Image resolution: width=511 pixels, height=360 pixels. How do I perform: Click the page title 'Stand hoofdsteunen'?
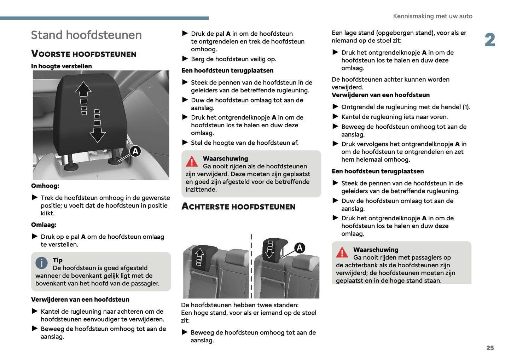coord(86,35)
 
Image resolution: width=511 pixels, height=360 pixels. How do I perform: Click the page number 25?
coord(490,348)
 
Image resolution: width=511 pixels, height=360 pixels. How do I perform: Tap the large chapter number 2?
coord(490,40)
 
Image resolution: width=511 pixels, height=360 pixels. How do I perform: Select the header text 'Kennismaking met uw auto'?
coord(432,16)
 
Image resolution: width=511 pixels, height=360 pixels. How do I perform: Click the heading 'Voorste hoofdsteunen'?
coord(84,54)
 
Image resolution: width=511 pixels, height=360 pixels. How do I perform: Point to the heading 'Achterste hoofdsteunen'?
coord(238,207)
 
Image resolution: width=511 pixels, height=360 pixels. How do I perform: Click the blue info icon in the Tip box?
coord(41,263)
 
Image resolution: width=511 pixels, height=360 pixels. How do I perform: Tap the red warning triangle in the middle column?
coord(192,162)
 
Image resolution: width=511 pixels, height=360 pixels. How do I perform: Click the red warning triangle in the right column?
coord(342,252)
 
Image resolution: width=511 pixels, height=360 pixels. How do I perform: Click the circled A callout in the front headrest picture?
coord(135,151)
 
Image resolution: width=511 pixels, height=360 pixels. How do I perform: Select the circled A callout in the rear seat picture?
coord(300,248)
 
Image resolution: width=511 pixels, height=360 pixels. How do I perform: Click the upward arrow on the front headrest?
coord(83,89)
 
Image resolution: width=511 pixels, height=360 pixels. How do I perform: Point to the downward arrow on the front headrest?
coord(98,135)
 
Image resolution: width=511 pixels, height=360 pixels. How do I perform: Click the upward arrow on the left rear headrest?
coord(199,254)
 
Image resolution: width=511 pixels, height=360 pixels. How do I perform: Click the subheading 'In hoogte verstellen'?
coord(62,66)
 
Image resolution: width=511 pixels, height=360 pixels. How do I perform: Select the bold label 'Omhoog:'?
coord(45,186)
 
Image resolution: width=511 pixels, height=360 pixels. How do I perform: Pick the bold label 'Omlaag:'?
coord(44,225)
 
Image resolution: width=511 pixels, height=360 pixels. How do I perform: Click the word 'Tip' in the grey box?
coord(58,260)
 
